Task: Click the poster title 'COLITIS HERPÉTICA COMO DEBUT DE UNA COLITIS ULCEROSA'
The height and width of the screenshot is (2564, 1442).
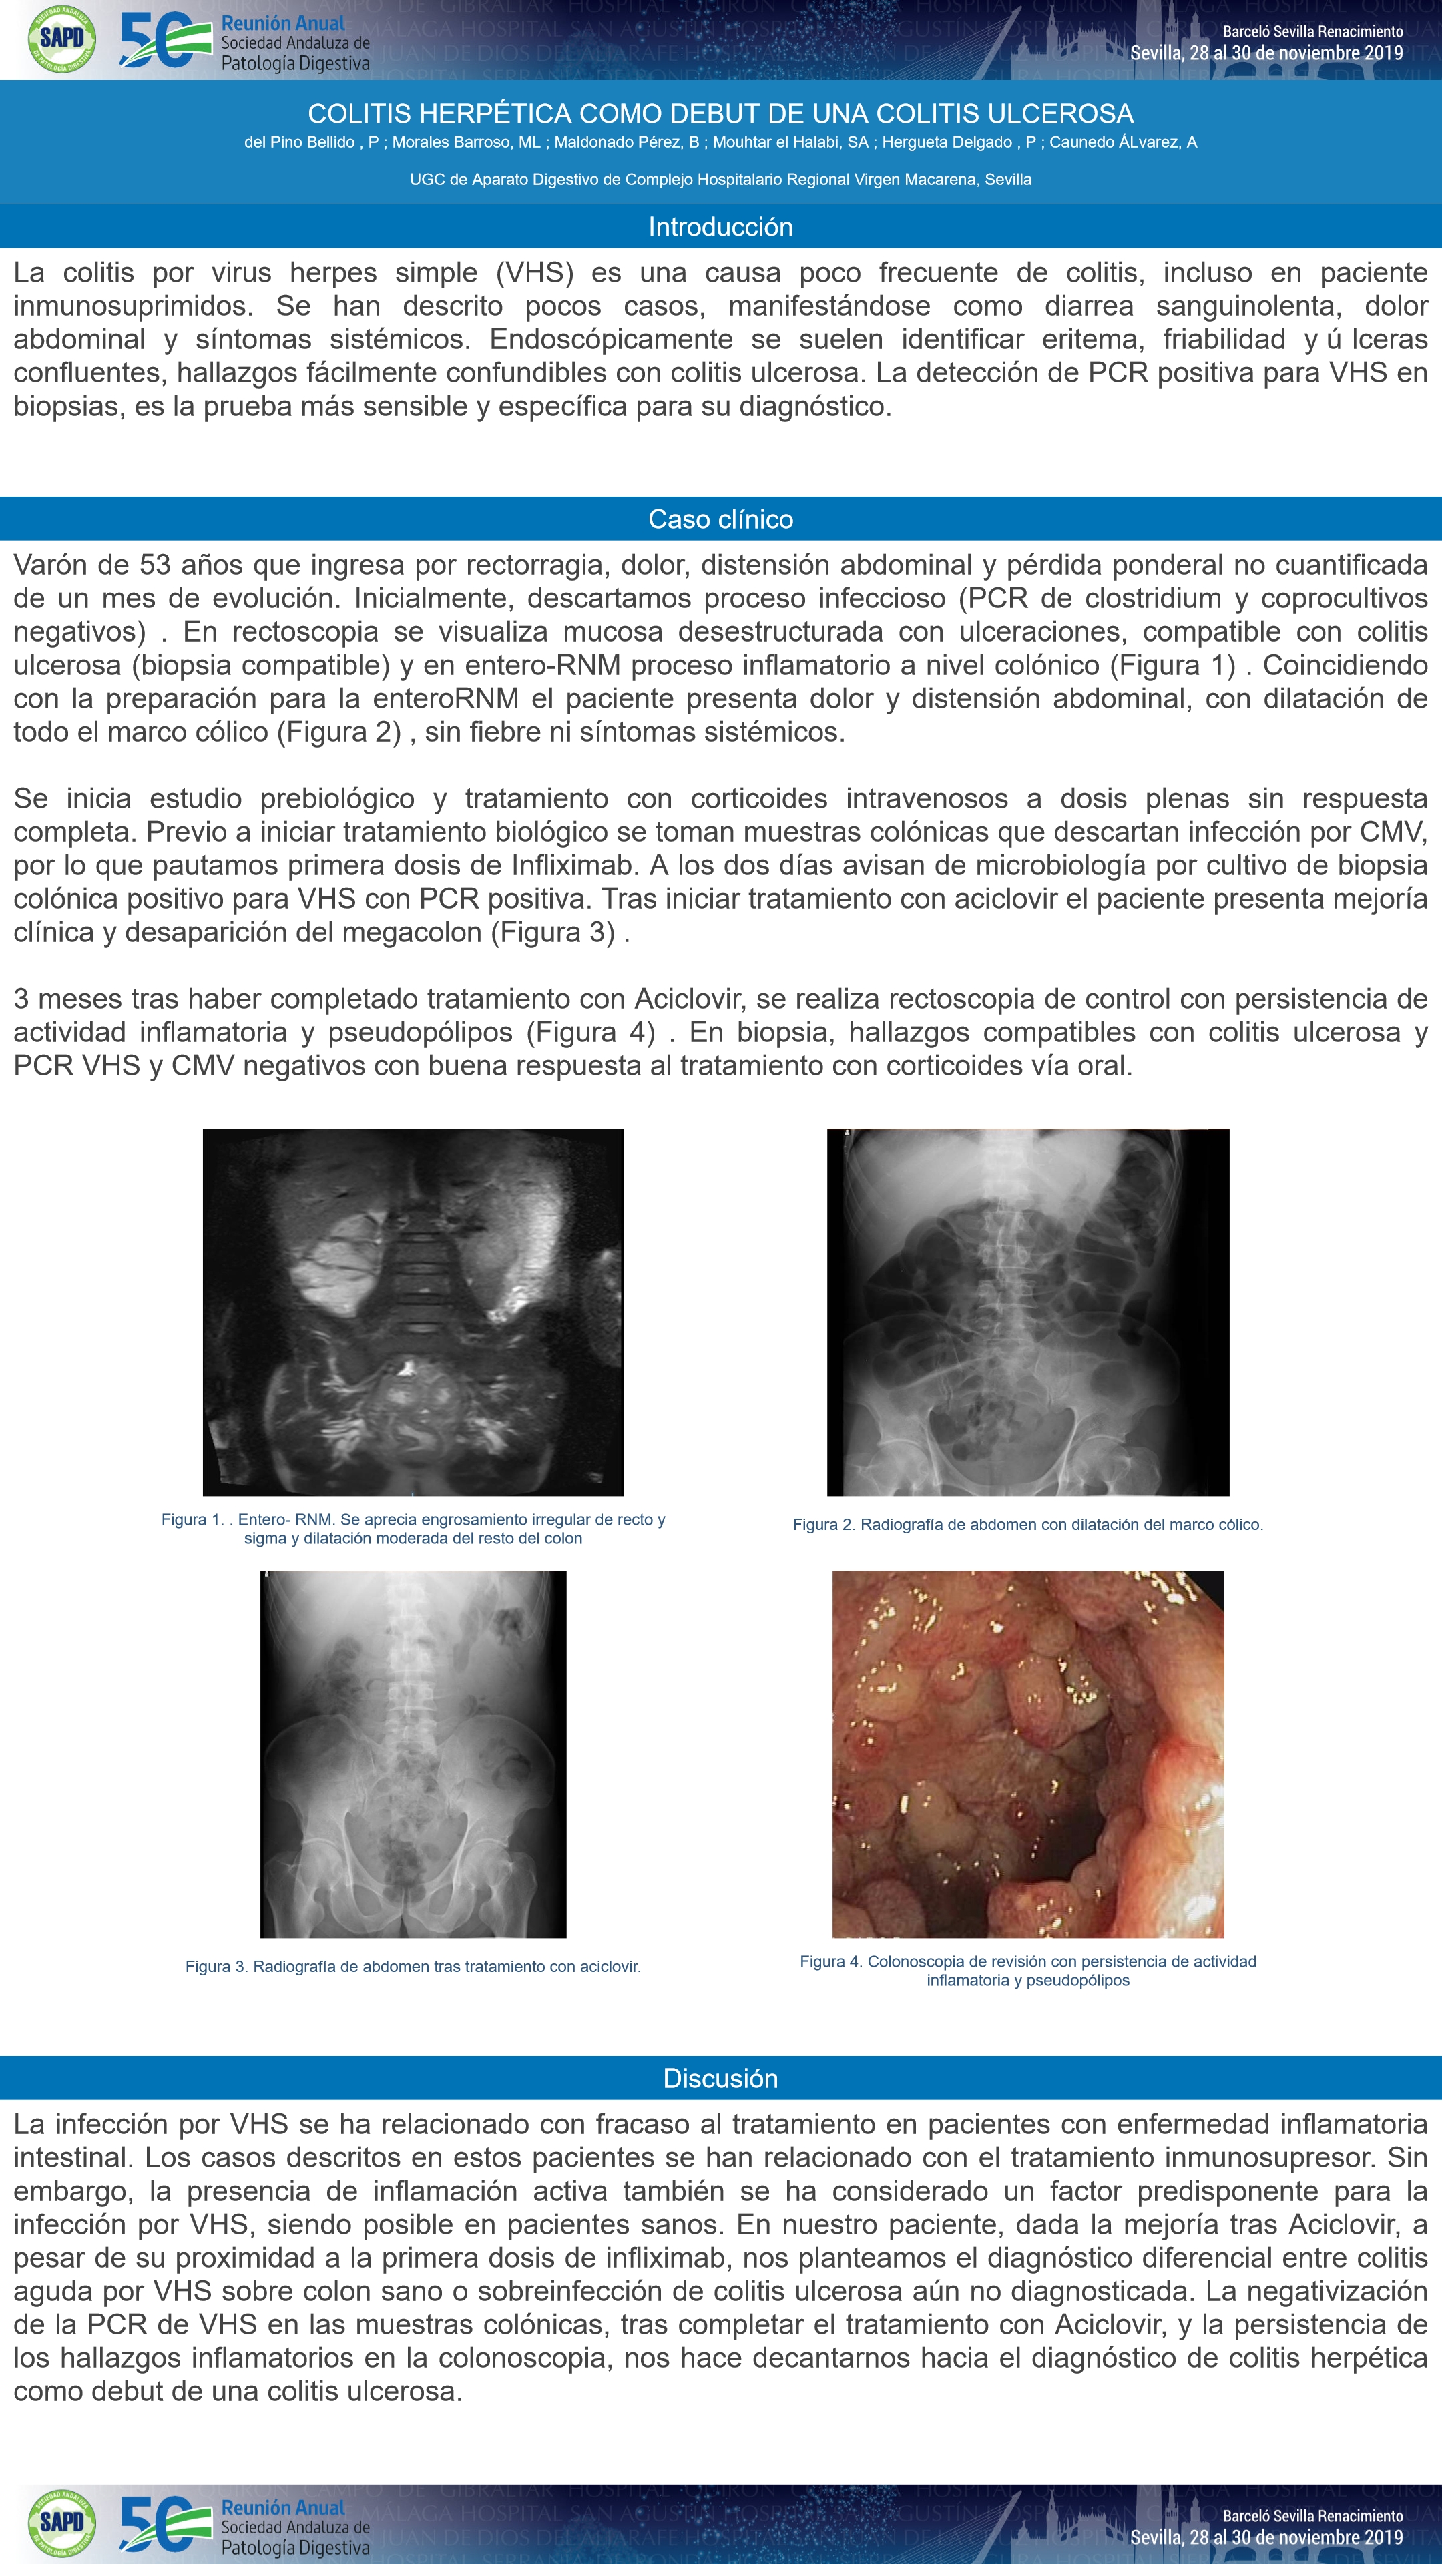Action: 720,113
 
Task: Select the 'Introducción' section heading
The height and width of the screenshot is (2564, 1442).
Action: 720,227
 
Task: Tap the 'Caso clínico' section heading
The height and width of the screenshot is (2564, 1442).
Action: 720,519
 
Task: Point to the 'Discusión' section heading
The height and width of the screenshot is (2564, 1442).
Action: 720,2077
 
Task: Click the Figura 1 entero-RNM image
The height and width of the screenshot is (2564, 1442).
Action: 413,1311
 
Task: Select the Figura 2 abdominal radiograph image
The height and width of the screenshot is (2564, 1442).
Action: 1028,1311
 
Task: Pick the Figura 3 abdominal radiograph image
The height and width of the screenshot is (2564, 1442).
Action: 413,1754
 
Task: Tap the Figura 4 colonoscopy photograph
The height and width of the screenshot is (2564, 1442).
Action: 1028,1754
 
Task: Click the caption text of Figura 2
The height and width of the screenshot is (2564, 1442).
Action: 1028,1524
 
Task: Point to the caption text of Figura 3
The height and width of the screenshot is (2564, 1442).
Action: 413,1966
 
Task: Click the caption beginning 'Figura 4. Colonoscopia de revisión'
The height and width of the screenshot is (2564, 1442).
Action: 1028,1970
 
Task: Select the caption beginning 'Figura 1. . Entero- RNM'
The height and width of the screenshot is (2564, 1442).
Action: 413,1528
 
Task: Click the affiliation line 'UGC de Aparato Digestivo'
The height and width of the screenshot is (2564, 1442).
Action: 720,179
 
